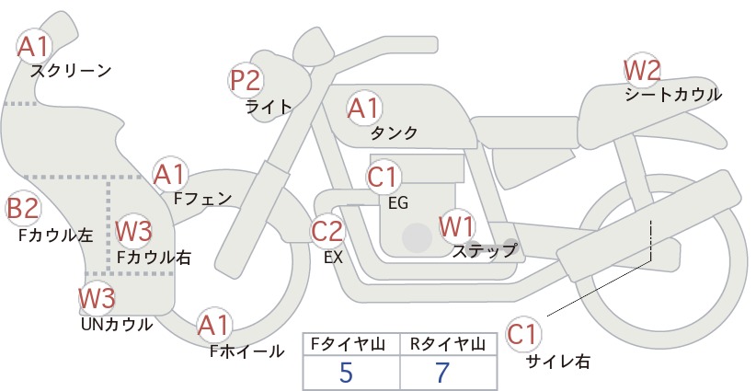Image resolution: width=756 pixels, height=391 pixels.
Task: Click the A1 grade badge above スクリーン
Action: (x=34, y=47)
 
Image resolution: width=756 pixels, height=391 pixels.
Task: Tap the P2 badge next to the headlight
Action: (x=246, y=81)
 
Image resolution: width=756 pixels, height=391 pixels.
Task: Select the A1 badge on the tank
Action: (x=364, y=108)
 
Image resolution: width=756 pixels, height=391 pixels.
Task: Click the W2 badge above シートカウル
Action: (x=642, y=71)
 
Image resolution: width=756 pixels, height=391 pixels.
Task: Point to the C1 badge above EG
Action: (x=383, y=177)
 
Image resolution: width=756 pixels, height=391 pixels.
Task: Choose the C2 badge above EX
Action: (x=327, y=231)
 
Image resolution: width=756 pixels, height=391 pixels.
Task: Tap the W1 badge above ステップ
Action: (x=456, y=226)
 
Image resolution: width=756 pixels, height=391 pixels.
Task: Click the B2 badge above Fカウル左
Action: (x=23, y=209)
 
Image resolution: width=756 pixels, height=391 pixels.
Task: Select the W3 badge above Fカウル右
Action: (x=134, y=231)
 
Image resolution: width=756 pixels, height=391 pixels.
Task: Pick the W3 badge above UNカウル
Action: (x=97, y=298)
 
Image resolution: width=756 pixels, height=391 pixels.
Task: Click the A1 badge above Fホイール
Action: (x=214, y=325)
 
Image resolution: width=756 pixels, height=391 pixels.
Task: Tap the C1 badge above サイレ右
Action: (x=522, y=334)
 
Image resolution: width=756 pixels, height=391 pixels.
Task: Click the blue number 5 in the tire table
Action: (x=346, y=372)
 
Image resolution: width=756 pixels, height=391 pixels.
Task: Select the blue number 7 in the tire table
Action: (x=442, y=372)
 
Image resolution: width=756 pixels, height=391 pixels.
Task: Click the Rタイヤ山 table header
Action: (x=447, y=344)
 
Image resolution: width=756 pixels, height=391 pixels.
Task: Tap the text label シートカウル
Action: (x=673, y=95)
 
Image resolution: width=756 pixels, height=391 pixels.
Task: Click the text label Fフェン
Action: (x=202, y=198)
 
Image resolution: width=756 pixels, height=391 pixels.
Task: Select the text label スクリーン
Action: (x=71, y=72)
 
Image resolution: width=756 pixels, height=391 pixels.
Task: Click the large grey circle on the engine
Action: (x=417, y=237)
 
